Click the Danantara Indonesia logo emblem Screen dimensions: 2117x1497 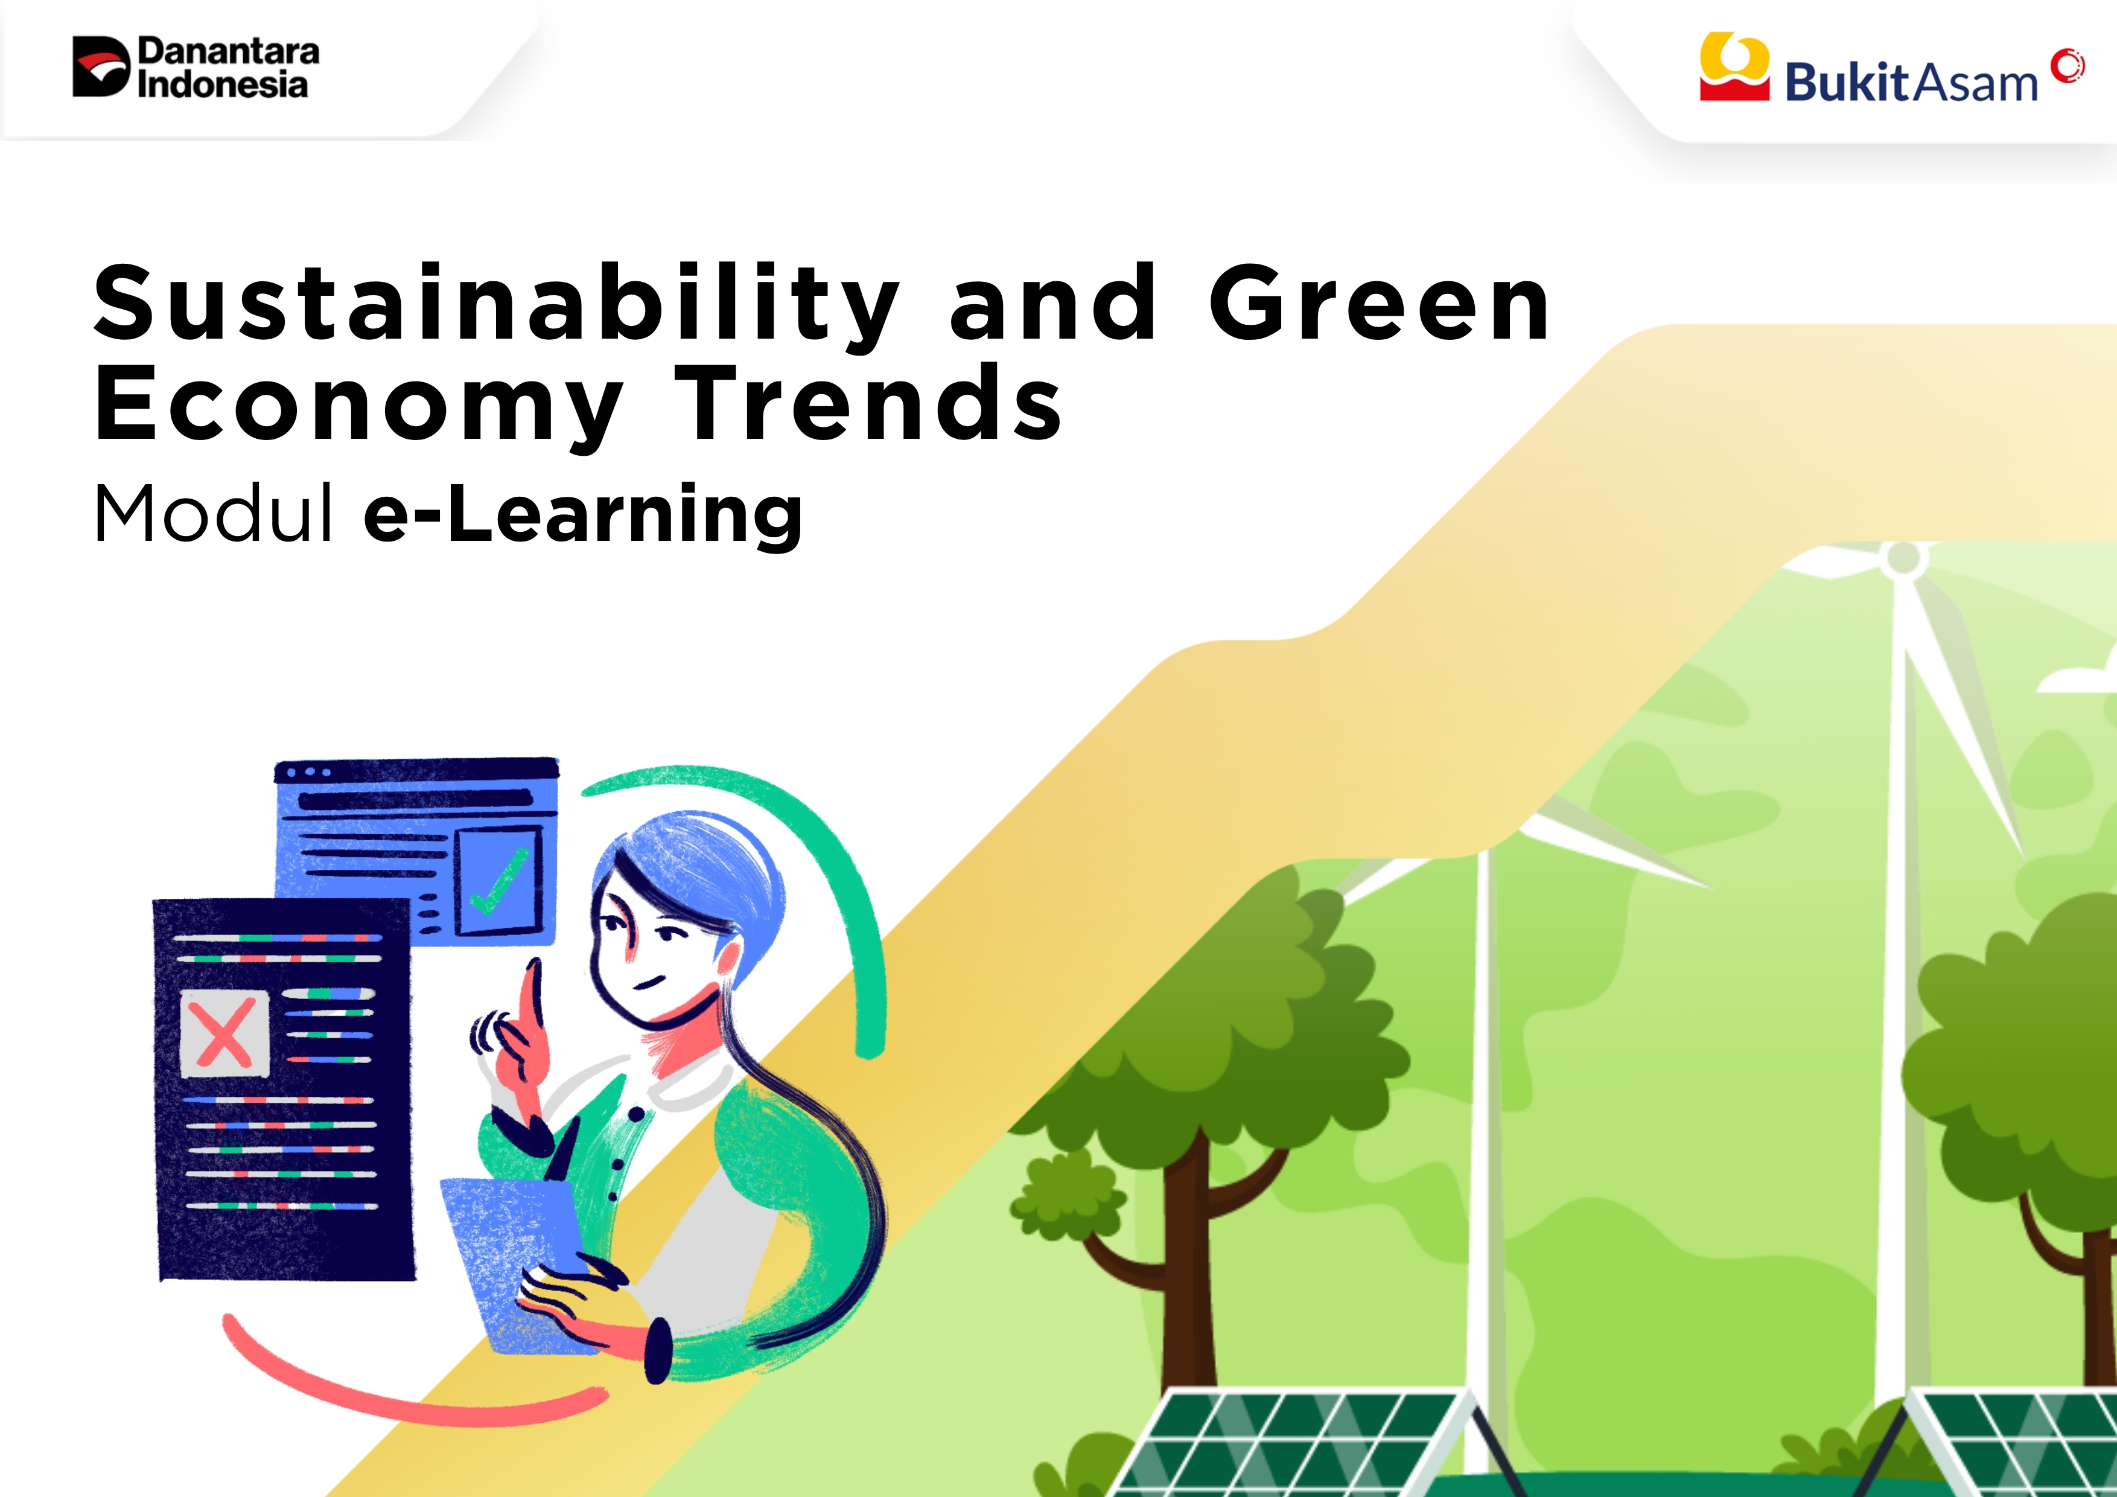pos(101,66)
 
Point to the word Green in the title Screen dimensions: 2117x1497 pos(1380,302)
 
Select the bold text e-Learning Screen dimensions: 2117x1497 pos(583,517)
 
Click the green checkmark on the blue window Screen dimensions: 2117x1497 pos(500,881)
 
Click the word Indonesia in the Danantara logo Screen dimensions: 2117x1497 pos(222,84)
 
